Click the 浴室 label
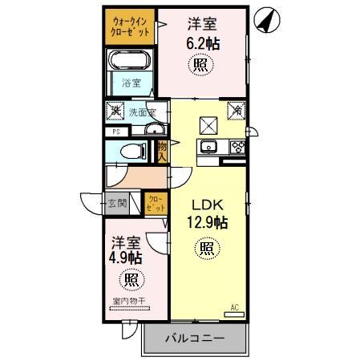(x=130, y=83)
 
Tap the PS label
(x=116, y=132)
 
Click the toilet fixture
(x=133, y=151)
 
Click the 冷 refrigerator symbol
(x=237, y=112)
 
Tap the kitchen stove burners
(x=238, y=146)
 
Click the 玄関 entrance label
(x=117, y=203)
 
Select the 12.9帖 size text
(x=207, y=222)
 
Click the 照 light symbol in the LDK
(x=207, y=249)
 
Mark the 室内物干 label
(x=128, y=302)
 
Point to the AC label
(x=235, y=306)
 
